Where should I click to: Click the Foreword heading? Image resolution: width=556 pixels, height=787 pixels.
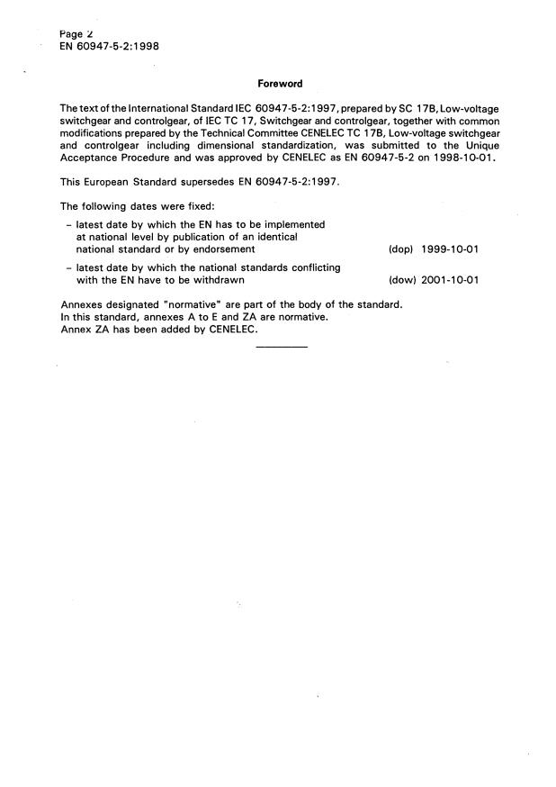(x=280, y=84)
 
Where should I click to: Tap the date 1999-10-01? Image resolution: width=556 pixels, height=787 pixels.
(x=449, y=249)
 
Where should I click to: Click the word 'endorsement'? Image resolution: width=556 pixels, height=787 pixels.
(x=223, y=249)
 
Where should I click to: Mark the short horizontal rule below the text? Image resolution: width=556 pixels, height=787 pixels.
(x=282, y=348)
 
